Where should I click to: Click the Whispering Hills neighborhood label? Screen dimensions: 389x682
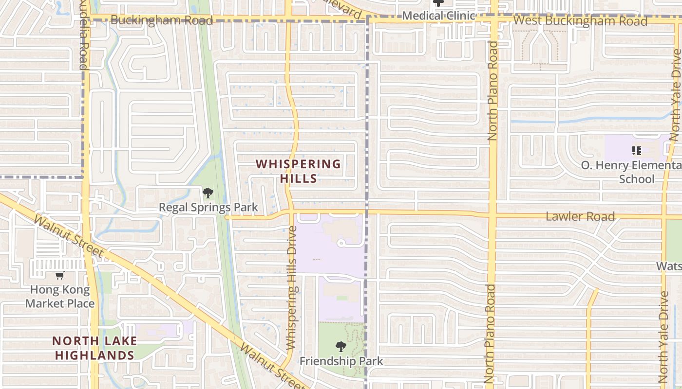click(x=299, y=171)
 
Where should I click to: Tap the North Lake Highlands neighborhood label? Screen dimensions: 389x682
click(x=95, y=348)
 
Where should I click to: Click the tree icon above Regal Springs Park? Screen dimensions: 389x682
click(x=208, y=193)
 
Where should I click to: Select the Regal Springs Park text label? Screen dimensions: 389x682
click(x=208, y=208)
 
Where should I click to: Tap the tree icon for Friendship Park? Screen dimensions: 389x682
click(x=341, y=347)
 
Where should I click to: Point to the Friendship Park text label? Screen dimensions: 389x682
click(x=341, y=361)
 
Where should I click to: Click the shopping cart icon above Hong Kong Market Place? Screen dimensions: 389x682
click(x=59, y=276)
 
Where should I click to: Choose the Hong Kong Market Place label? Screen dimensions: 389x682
click(x=60, y=297)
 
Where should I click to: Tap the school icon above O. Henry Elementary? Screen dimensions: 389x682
click(x=636, y=151)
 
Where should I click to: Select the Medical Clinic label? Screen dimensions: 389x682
click(x=438, y=16)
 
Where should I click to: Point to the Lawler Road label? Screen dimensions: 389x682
click(x=580, y=216)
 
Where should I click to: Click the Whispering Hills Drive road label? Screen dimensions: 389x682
click(x=292, y=288)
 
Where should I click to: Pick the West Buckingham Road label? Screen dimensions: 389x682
click(x=580, y=21)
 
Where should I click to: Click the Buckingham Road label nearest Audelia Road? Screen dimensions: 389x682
click(x=162, y=20)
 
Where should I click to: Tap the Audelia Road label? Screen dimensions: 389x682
click(x=83, y=34)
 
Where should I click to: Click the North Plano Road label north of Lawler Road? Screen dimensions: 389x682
click(x=493, y=91)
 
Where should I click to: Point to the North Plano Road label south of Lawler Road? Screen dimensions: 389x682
click(x=490, y=334)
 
